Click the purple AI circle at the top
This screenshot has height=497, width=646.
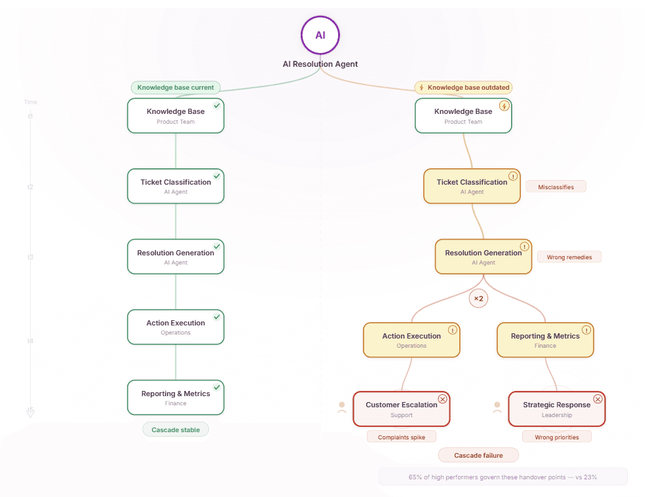click(x=320, y=35)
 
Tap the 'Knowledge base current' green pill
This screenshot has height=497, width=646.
click(x=176, y=87)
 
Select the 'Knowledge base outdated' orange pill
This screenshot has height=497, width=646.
click(x=463, y=87)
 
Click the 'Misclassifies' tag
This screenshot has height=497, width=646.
click(x=556, y=187)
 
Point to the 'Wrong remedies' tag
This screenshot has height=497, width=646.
click(x=569, y=257)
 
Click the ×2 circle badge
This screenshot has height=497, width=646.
click(x=478, y=299)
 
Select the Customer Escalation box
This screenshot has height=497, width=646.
click(x=401, y=409)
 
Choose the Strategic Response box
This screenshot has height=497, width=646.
click(x=556, y=409)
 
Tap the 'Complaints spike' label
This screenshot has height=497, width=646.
click(x=401, y=437)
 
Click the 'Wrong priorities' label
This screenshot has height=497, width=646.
click(x=556, y=437)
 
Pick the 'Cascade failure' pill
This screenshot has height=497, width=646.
click(x=478, y=455)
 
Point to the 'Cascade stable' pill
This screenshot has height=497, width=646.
click(x=176, y=430)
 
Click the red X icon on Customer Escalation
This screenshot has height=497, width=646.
click(x=442, y=399)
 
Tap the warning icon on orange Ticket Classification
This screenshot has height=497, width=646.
click(x=513, y=176)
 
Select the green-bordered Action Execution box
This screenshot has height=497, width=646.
click(x=176, y=327)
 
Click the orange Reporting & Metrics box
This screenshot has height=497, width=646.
click(x=545, y=340)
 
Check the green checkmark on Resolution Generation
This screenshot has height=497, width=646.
click(x=217, y=246)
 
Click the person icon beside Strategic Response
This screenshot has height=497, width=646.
click(x=497, y=407)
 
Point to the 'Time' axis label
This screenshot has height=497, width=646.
click(x=31, y=102)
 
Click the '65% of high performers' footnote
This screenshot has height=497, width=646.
click(x=503, y=477)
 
